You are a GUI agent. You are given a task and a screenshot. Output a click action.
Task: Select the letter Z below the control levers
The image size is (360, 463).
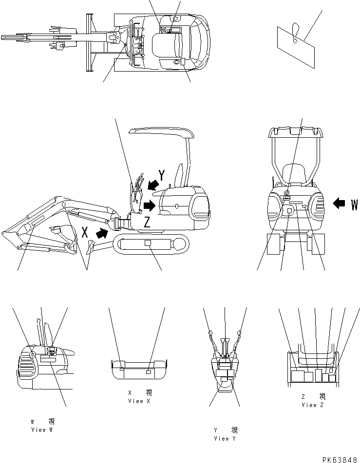[x=147, y=222]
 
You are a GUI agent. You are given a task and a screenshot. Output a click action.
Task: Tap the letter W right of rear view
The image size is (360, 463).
[x=354, y=205]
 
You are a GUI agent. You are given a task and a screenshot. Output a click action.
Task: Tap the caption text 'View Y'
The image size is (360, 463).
[x=225, y=439]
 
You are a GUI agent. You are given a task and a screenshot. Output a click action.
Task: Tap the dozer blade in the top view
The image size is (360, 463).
[x=89, y=43]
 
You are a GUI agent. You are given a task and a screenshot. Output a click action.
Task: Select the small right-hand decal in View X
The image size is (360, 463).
[x=149, y=372]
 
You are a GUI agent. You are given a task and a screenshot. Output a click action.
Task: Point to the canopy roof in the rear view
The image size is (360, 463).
[x=296, y=131]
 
